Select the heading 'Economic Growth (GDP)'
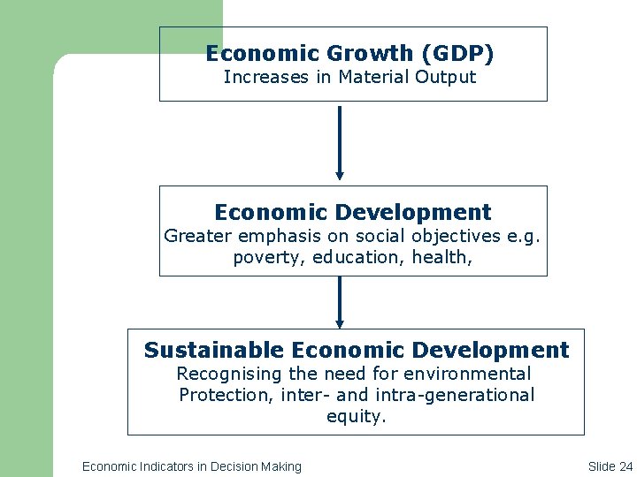click(x=349, y=54)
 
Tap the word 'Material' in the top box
click(x=370, y=77)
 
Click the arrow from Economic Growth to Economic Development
click(x=339, y=142)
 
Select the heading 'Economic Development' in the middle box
click(x=352, y=213)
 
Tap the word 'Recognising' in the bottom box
click(x=223, y=374)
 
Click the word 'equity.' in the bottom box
click(x=357, y=416)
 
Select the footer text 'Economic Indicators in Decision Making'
click(x=191, y=466)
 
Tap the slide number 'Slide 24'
click(x=610, y=466)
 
